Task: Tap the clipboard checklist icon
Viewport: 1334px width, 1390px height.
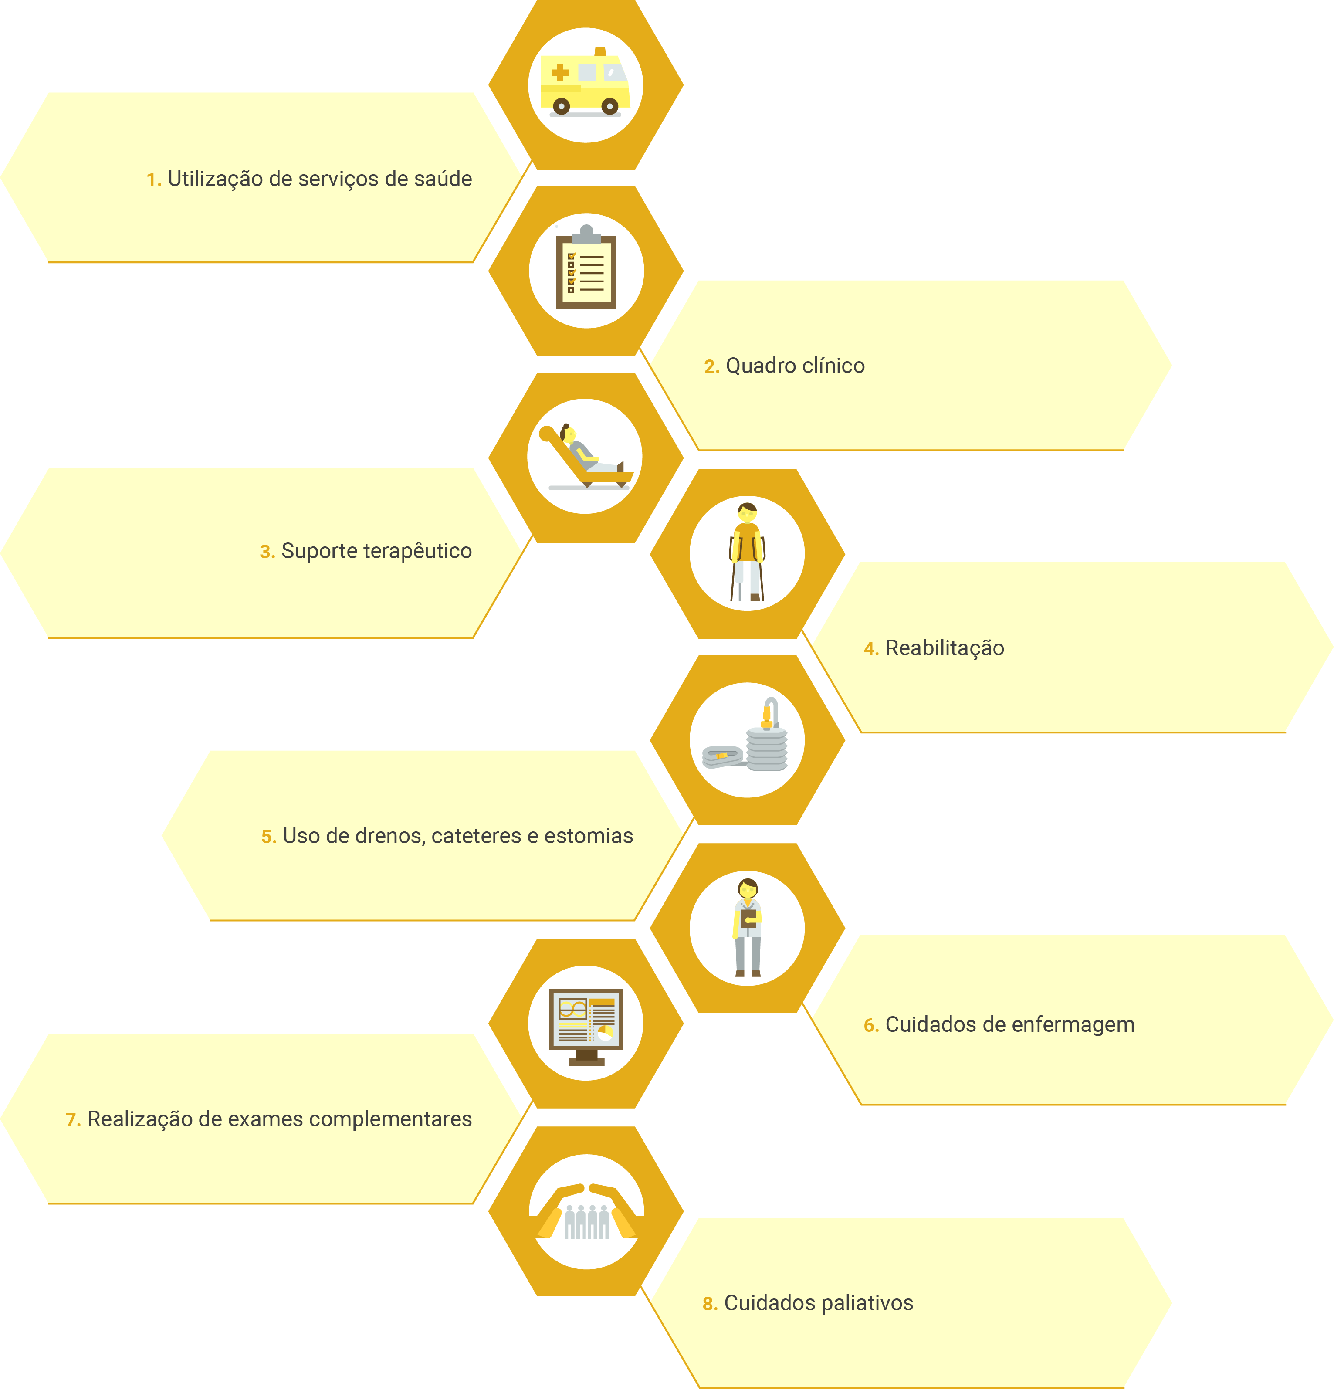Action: coord(586,268)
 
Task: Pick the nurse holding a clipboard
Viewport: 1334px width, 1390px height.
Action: coord(748,927)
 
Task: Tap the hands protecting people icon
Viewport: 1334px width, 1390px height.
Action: coord(586,1212)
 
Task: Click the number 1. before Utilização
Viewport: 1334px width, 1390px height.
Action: coord(154,180)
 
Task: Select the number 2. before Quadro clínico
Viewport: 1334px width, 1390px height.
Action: coord(711,366)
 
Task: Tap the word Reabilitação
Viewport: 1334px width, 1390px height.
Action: coord(945,648)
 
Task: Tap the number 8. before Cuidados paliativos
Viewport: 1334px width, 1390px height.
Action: coord(710,1304)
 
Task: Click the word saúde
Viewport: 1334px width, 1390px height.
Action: coord(443,179)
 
